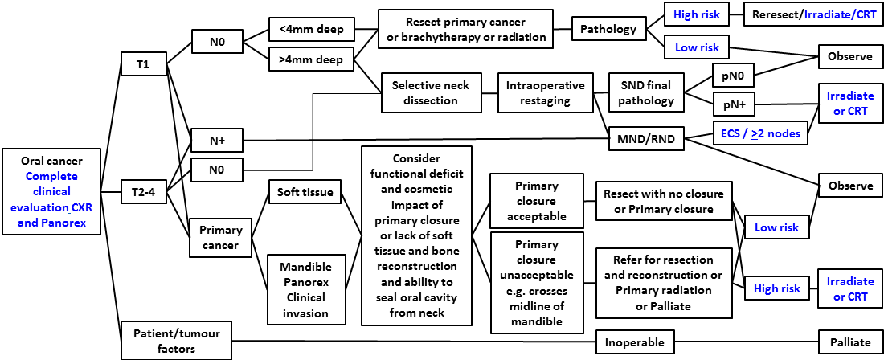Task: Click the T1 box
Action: pos(143,65)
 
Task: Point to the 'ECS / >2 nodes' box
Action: pos(761,133)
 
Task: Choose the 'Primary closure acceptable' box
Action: pos(536,200)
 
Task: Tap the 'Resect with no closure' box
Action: pos(663,202)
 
